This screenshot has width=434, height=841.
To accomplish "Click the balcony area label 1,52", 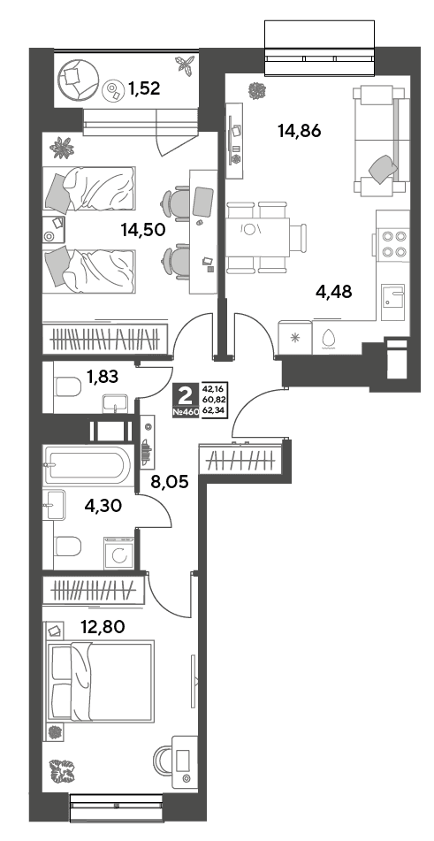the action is (143, 88).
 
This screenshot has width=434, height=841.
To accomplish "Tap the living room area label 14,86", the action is (300, 130).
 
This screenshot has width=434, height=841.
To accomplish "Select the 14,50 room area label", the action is (142, 230).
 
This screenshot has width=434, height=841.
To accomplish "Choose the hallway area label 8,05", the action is (171, 482).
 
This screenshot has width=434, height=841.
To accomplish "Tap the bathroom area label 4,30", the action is (104, 505).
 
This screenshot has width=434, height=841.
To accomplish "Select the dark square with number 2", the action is (186, 396).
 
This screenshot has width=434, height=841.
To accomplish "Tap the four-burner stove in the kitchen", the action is (392, 243).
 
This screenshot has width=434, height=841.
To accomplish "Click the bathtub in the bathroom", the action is (88, 464).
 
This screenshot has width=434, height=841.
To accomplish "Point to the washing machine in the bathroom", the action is (119, 554).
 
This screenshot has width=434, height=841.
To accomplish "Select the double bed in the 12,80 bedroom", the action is (101, 680).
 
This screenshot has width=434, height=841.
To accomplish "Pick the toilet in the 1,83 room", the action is (67, 386).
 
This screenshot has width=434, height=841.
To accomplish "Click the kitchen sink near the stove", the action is (392, 295).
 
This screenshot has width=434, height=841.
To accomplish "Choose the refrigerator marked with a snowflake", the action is (294, 337).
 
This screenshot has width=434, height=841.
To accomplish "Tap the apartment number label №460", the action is (186, 412).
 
